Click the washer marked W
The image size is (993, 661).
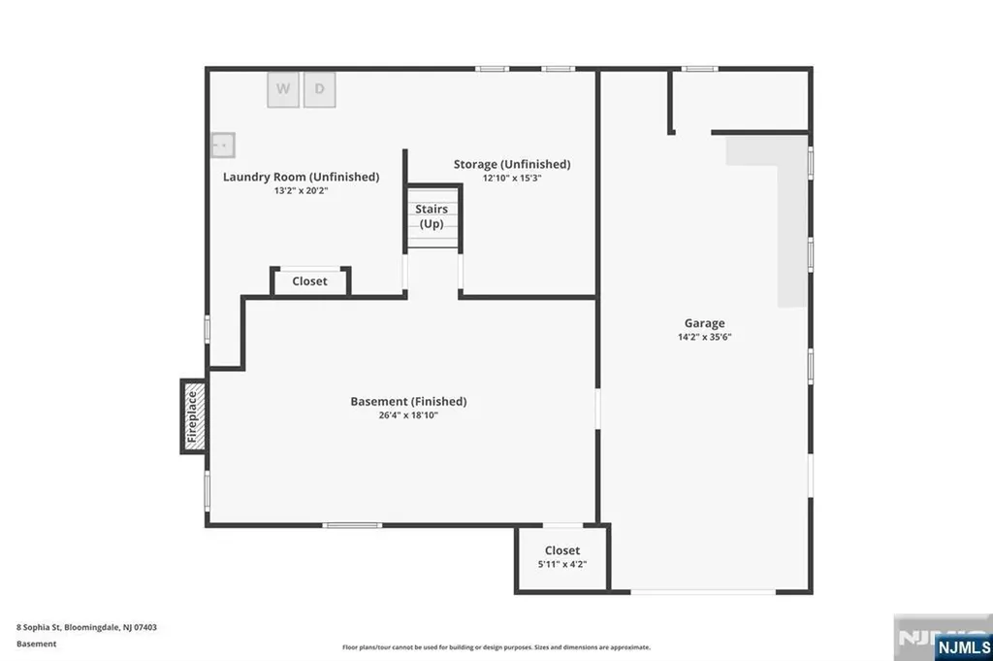283,89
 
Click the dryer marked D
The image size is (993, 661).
319,89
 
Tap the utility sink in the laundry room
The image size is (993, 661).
223,145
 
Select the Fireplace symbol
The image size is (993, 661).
193,415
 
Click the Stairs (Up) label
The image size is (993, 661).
431,216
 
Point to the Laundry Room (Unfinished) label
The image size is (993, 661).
301,177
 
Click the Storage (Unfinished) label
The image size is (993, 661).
512,164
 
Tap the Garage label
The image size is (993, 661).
704,323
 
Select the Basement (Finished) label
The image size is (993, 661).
408,401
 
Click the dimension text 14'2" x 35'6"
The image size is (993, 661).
704,337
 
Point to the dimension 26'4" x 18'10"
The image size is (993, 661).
408,414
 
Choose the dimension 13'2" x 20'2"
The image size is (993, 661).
301,191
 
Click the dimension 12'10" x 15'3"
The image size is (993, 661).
512,179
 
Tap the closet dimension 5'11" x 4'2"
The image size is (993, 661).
562,564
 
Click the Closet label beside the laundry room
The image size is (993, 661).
309,281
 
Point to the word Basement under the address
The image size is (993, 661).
37,644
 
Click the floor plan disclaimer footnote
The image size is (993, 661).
496,647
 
